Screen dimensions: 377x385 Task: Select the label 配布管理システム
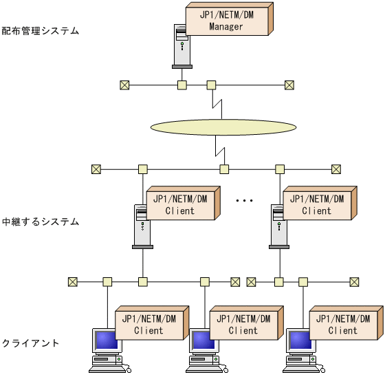[x=41, y=31]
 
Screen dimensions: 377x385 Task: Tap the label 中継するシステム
[x=41, y=222]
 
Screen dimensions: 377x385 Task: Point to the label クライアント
[x=30, y=343]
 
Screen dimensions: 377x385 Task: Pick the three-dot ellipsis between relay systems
[x=245, y=201]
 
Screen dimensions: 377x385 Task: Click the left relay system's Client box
[x=179, y=205]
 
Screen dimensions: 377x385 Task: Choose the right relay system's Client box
[x=316, y=205]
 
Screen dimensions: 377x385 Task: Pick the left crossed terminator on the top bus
[x=124, y=85]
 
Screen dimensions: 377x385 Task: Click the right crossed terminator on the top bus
[x=289, y=85]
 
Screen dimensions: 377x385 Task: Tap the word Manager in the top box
[x=226, y=27]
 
